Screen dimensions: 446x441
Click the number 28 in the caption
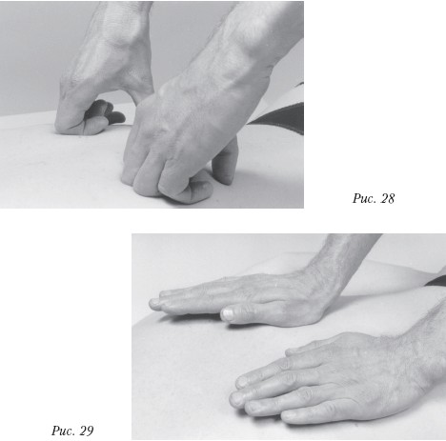pos(387,198)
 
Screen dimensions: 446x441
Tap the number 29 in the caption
pos(87,431)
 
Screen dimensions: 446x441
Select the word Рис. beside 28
pos(364,199)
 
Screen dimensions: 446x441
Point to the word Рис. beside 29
pos(64,431)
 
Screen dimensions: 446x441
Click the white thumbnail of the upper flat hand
pos(228,314)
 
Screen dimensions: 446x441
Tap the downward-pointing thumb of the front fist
pos(225,162)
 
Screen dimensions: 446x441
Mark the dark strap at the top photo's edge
pos(279,117)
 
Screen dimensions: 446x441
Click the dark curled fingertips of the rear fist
pos(108,111)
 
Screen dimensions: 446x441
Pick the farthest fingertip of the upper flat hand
pos(154,304)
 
